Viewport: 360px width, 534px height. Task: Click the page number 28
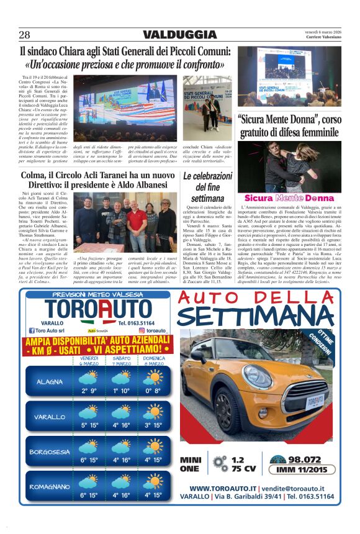pos(25,35)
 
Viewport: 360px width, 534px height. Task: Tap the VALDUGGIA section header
pos(180,35)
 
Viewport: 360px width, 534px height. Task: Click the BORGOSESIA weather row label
pos(49,451)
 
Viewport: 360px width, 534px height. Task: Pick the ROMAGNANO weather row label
pos(49,487)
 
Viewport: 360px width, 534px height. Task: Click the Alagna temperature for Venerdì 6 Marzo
pos(89,391)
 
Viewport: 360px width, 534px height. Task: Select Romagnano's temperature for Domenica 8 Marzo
pos(153,495)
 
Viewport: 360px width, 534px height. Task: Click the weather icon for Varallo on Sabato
pos(121,412)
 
